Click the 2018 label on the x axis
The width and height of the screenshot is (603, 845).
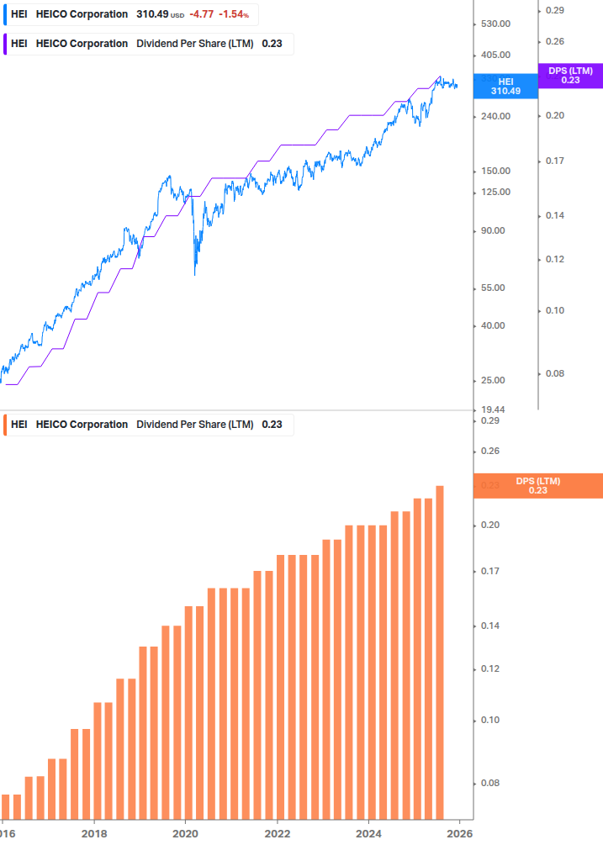point(93,832)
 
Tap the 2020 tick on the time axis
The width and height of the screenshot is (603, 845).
point(185,832)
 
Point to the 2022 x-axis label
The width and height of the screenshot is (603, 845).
point(277,832)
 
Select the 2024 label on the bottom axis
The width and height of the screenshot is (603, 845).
point(368,832)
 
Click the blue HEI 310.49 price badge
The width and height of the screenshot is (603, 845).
point(505,86)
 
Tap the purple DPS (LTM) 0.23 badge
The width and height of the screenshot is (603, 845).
point(570,76)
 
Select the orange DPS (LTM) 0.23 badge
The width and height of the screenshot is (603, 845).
point(538,486)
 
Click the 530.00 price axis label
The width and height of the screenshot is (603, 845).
point(494,24)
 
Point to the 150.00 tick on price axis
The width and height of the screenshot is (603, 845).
point(494,171)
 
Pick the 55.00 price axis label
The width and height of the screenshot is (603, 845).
point(494,288)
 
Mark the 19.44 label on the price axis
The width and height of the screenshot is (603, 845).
point(494,409)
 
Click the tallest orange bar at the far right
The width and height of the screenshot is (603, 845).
point(439,652)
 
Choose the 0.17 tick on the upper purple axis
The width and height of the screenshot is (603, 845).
point(554,161)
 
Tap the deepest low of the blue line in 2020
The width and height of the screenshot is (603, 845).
point(195,274)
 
